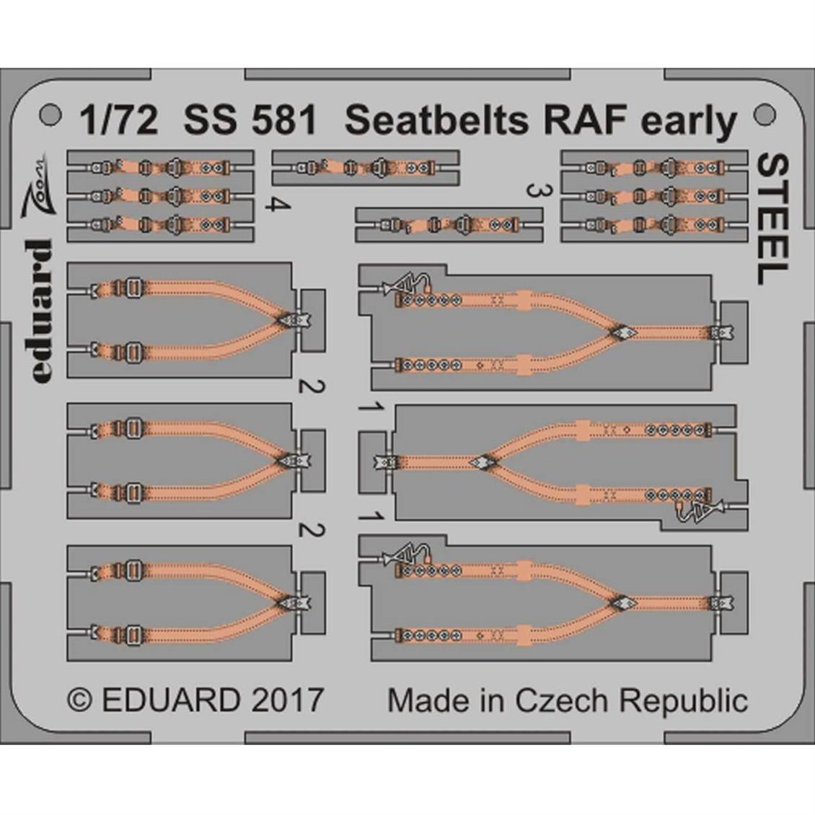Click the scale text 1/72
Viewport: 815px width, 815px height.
coord(118,120)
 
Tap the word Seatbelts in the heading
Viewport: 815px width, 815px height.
coord(436,120)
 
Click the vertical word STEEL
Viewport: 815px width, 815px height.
coord(773,219)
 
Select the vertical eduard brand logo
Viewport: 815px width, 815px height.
coord(41,311)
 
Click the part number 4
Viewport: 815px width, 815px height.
coord(278,205)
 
